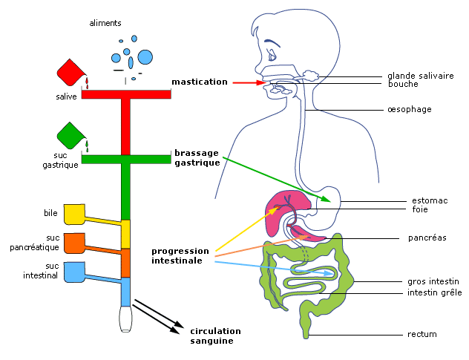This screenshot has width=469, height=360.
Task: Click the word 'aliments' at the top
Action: click(105, 23)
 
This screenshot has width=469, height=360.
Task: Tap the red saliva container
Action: click(70, 72)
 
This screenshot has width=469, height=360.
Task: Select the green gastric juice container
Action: click(70, 135)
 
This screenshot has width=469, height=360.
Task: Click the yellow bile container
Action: click(74, 215)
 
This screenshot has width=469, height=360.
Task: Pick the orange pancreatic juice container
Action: click(74, 243)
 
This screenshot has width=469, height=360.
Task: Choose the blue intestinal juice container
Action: click(74, 272)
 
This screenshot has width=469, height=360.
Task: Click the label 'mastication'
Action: click(200, 82)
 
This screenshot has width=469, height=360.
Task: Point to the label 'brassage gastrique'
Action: click(197, 157)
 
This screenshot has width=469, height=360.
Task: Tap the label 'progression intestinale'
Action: click(180, 255)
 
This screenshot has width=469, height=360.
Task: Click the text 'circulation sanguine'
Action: click(215, 336)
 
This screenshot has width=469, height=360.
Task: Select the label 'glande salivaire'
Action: click(421, 76)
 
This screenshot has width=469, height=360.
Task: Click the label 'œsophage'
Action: click(410, 109)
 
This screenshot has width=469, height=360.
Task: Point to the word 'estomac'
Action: click(430, 200)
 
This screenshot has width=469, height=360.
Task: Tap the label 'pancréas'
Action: click(427, 238)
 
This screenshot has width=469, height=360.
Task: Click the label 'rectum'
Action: click(422, 334)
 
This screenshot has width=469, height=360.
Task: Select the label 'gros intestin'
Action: click(433, 281)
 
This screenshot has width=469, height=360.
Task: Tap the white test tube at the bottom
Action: click(125, 319)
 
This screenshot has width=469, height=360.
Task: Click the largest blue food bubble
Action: click(145, 57)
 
